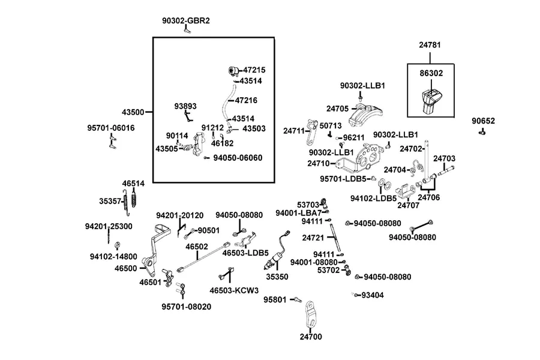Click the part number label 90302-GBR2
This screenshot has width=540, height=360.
[x=186, y=20]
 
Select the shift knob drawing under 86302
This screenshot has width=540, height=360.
[x=430, y=101]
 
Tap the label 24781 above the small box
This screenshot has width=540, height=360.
[x=430, y=45]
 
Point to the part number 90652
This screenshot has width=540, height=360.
[x=483, y=121]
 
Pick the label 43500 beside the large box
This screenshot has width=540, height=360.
[x=133, y=112]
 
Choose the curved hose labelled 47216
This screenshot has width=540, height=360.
[x=227, y=103]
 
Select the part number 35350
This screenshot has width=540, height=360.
[x=277, y=277]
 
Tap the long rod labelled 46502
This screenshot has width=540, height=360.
[x=203, y=257]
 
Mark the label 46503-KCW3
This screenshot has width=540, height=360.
[x=234, y=291]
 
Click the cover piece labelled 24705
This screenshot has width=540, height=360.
[x=365, y=115]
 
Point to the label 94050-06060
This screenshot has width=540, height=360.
[x=238, y=158]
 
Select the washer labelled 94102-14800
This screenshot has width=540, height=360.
[x=117, y=245]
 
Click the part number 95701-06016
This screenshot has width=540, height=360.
[x=111, y=128]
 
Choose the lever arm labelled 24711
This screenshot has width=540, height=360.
[x=311, y=132]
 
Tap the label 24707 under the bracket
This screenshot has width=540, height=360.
[x=409, y=206]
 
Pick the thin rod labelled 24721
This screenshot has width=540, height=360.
[x=335, y=238]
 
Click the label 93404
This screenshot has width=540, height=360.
[x=373, y=295]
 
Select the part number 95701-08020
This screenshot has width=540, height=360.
[x=187, y=307]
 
